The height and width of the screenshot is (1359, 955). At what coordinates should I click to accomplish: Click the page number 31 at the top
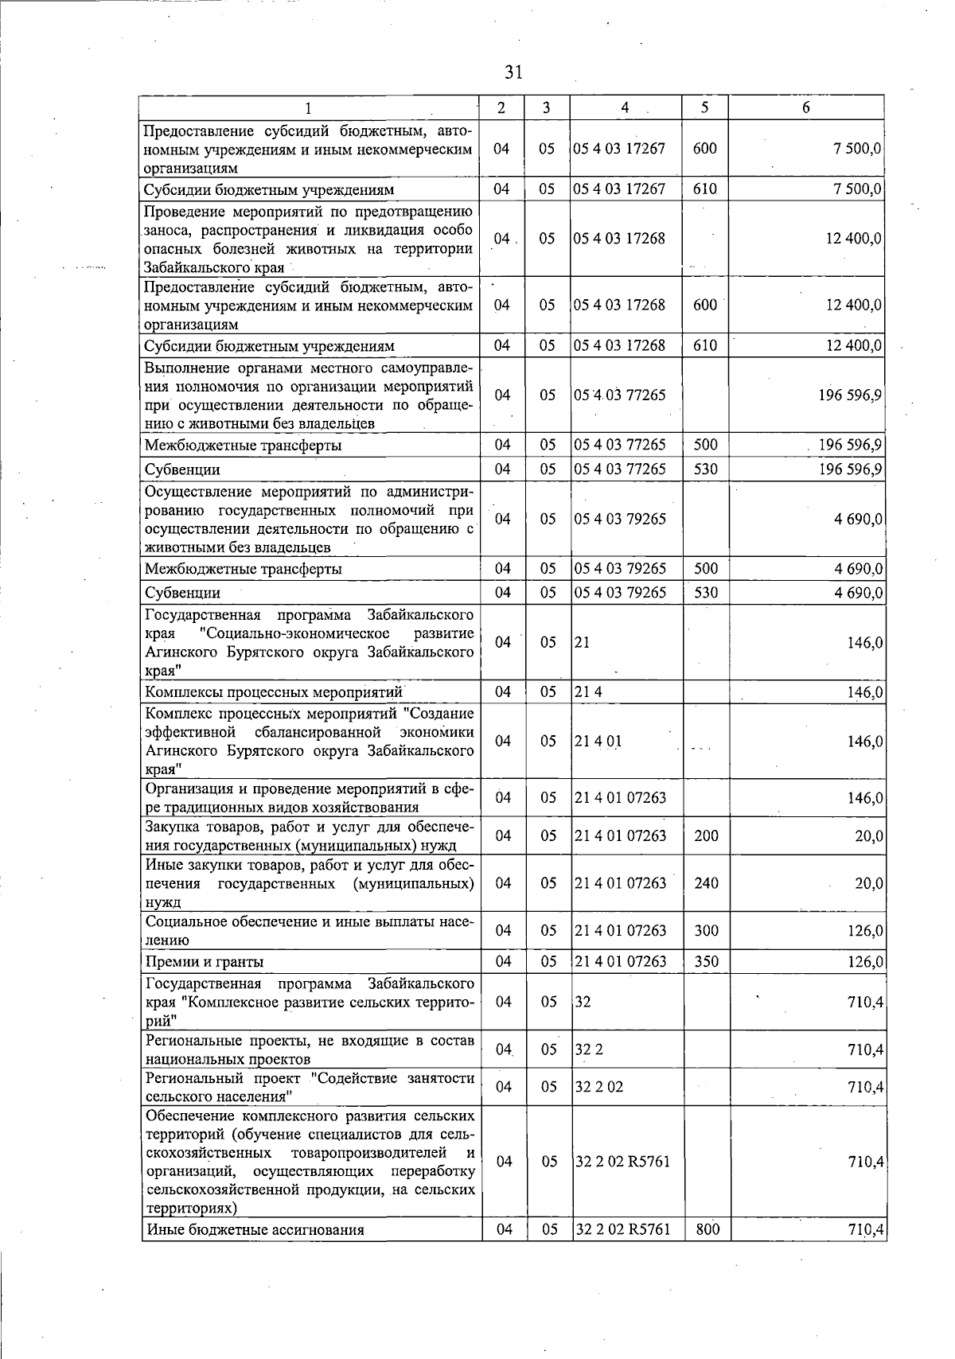point(513,72)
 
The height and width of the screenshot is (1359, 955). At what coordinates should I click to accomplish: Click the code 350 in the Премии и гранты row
point(706,961)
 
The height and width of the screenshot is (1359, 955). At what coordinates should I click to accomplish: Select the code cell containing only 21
point(583,642)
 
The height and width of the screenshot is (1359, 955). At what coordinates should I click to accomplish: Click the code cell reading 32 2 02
point(599,1087)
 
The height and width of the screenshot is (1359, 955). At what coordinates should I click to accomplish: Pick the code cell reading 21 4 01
point(598,741)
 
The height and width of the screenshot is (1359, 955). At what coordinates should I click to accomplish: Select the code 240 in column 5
point(706,883)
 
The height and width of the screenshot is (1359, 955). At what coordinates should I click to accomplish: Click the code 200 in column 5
point(706,835)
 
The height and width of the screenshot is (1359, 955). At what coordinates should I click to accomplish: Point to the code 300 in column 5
point(706,930)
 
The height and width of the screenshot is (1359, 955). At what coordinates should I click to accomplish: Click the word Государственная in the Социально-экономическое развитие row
point(203,615)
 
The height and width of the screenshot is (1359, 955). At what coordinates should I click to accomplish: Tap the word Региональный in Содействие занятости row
point(192,1078)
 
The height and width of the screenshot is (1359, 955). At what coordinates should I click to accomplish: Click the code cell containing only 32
point(583,1002)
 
